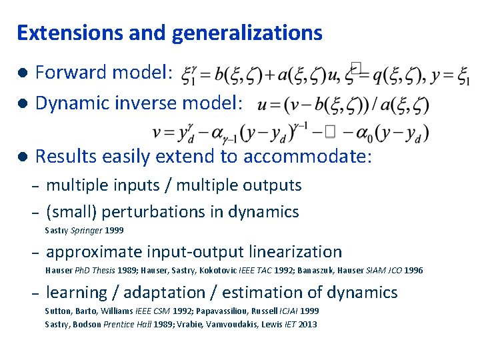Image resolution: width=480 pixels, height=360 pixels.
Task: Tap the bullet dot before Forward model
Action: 22,72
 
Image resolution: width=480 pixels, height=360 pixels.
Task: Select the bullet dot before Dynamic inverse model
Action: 22,103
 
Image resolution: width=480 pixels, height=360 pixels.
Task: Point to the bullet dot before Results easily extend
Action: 22,157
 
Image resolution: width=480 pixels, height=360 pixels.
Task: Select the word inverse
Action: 140,103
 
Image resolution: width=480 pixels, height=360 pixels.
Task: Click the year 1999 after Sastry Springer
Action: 114,230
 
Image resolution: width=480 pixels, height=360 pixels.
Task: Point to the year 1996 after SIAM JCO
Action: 413,271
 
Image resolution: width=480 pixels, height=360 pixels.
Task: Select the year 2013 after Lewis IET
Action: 307,325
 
